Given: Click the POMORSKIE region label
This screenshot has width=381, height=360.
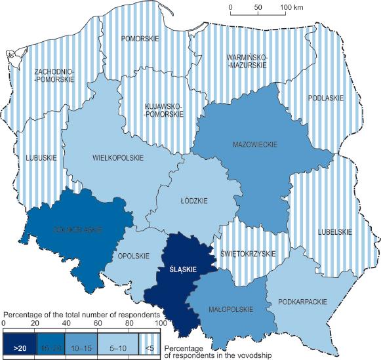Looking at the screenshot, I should point(140,39).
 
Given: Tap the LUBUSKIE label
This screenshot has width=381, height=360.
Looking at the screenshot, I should point(41,158).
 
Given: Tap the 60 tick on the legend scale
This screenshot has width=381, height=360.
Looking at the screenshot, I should point(97,323).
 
